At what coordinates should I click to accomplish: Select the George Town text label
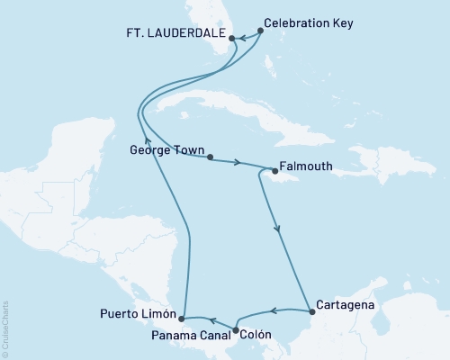point(167,151)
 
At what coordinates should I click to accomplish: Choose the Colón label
point(255,330)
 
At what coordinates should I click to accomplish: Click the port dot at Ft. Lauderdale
point(232,39)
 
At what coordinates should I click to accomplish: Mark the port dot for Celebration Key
point(261,30)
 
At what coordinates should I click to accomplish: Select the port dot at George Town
point(210,157)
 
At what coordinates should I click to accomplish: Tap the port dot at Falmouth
point(274,168)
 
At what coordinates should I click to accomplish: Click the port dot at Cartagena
point(311,312)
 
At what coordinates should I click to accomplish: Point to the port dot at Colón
point(236,330)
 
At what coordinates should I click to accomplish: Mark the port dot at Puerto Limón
point(182,318)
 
